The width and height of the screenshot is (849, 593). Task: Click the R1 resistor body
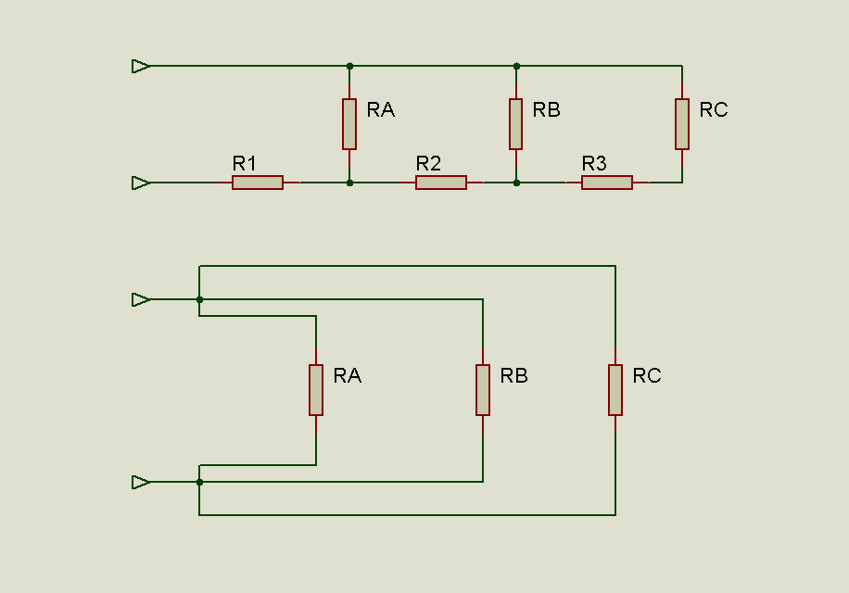pyautogui.click(x=257, y=183)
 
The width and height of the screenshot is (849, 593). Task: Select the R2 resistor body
pyautogui.click(x=440, y=183)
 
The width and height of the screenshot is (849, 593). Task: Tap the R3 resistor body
pyautogui.click(x=607, y=183)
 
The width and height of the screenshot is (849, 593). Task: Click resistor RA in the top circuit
pyautogui.click(x=349, y=123)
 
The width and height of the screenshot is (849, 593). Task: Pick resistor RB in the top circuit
pyautogui.click(x=516, y=123)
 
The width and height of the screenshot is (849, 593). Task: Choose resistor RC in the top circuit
pyautogui.click(x=682, y=123)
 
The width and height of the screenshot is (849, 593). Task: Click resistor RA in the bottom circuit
pyautogui.click(x=316, y=389)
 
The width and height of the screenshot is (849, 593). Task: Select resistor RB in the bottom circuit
pyautogui.click(x=483, y=389)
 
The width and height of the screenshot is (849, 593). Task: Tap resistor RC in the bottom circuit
pyautogui.click(x=615, y=389)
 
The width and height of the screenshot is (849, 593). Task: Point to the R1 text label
pyautogui.click(x=244, y=164)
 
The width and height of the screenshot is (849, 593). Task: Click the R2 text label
pyautogui.click(x=428, y=164)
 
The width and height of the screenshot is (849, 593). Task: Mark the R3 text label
pyautogui.click(x=594, y=164)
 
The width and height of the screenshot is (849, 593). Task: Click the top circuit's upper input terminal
pyautogui.click(x=140, y=66)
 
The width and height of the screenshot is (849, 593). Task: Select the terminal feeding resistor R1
pyautogui.click(x=140, y=183)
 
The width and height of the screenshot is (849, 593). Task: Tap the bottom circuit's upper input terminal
pyautogui.click(x=140, y=299)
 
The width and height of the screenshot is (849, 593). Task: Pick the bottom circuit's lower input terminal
pyautogui.click(x=140, y=482)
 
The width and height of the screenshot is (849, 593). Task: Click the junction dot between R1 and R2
pyautogui.click(x=349, y=183)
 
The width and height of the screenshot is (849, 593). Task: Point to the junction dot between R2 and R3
pyautogui.click(x=516, y=183)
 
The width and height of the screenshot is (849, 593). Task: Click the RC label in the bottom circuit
pyautogui.click(x=647, y=376)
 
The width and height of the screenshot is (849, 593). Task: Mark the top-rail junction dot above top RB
pyautogui.click(x=516, y=66)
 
